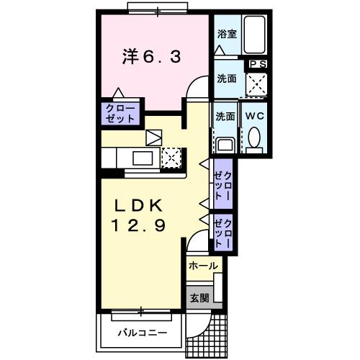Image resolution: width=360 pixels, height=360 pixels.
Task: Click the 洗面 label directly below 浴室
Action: point(226,78)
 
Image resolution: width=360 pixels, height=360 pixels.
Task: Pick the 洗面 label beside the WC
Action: point(225,115)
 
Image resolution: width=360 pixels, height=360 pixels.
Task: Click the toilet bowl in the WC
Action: point(254,139)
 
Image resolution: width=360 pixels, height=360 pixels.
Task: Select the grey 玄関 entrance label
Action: point(199,297)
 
